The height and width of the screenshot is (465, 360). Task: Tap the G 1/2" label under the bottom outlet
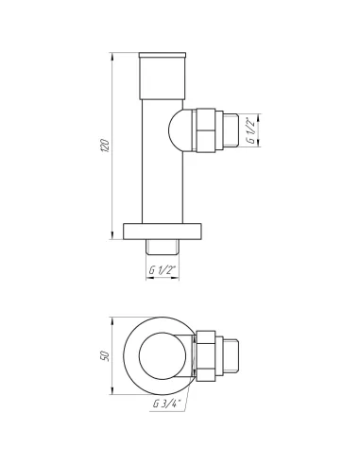pyautogui.click(x=163, y=269)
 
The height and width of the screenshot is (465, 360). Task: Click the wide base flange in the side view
pyautogui.click(x=163, y=232)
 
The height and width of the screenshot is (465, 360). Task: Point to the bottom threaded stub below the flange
pyautogui.click(x=163, y=248)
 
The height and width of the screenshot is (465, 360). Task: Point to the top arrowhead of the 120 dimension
pyautogui.click(x=114, y=48)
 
